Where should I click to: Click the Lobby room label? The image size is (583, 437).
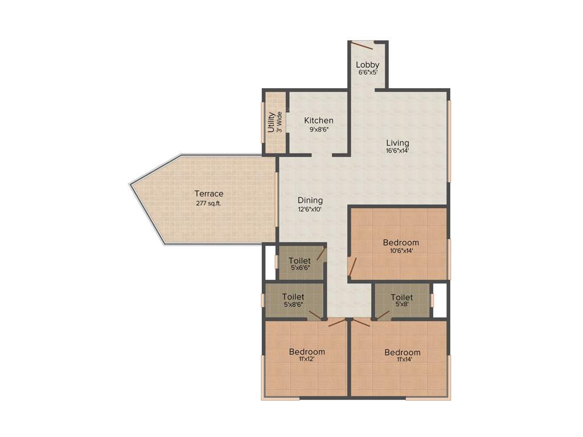coord(368,64)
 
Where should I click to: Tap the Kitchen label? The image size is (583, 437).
coord(319,120)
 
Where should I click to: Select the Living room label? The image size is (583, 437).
coord(397,142)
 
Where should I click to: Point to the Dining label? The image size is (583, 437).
coord(310,200)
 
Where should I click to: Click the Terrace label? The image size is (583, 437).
coord(209,193)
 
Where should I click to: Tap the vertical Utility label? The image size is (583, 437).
coord(272,122)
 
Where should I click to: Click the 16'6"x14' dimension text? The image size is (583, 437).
coord(397,151)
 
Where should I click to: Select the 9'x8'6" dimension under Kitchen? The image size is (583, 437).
coord(319,129)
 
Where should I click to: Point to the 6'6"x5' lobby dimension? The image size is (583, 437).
coord(368,73)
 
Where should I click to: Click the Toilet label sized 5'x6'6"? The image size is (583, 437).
coord(299,261)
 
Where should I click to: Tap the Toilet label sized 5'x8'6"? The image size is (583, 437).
coord(293,296)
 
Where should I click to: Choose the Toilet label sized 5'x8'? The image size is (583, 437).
coord(402,297)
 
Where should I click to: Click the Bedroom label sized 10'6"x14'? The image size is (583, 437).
coord(401,242)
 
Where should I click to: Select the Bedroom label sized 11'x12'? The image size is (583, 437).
coord(307,351)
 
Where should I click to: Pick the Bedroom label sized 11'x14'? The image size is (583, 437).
coord(403,352)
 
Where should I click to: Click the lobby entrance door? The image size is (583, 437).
coord(362,44)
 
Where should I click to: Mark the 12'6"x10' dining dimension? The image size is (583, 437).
coord(310,209)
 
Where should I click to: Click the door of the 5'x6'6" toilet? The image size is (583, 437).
coord(322,253)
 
